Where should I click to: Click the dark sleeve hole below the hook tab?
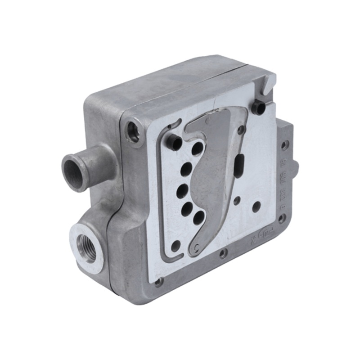point(258,108)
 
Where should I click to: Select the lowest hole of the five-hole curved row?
point(198,218)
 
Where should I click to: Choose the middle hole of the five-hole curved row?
point(182,191)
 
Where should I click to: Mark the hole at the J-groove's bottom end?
point(176,246)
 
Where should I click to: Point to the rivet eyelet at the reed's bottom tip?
point(196,247)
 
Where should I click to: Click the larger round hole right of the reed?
point(256,207)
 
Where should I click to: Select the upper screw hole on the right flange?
point(284,145)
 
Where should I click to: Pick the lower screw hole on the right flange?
point(282,219)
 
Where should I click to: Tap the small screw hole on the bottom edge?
point(222,254)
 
